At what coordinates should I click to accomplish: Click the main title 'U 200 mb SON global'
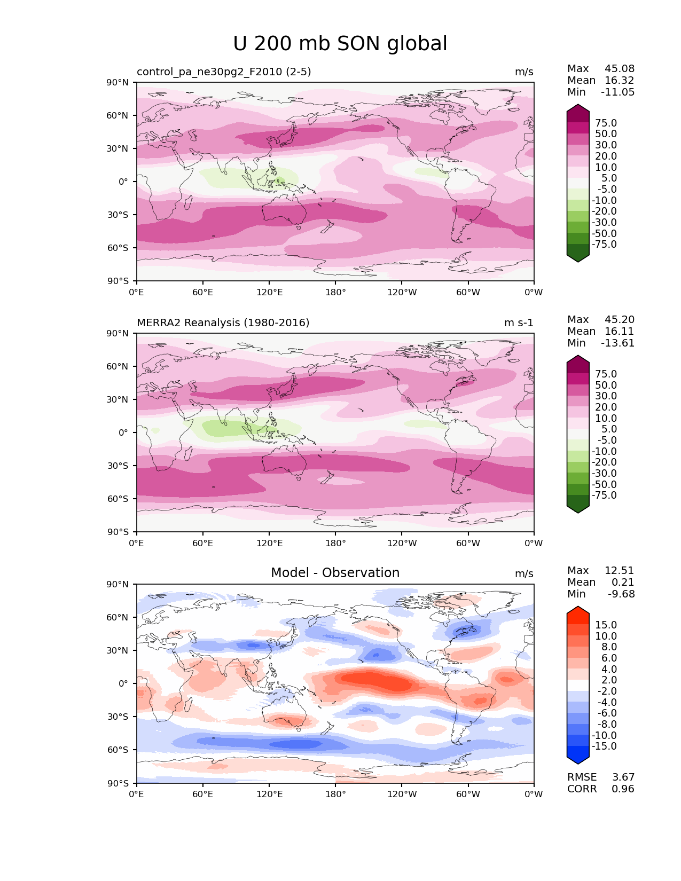pos(340,44)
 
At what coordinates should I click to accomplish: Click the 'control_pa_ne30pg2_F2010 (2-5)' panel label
pos(224,72)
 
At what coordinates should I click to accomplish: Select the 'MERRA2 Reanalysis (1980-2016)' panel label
pos(223,323)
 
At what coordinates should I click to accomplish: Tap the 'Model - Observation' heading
pos(335,573)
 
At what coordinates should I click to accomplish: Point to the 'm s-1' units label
pos(519,323)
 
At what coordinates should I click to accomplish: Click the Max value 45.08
pos(619,69)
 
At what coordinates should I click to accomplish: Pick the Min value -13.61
pos(618,343)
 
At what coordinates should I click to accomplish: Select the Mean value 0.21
pos(623,583)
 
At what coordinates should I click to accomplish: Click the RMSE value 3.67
pos(623,777)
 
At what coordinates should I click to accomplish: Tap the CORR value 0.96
pos(623,789)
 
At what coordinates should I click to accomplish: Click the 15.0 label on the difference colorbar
pos(606,625)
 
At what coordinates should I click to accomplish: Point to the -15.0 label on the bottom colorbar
pos(604,746)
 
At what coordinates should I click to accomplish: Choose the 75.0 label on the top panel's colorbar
pos(606,123)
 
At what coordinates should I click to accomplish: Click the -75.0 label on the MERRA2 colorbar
pos(604,495)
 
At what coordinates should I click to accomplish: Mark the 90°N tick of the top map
pos(118,83)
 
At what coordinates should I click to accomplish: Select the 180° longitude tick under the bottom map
pos(335,795)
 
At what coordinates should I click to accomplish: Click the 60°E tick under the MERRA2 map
pos(203,544)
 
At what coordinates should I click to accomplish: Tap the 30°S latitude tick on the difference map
pos(118,717)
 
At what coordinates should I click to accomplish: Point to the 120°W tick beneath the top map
pos(402,293)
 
